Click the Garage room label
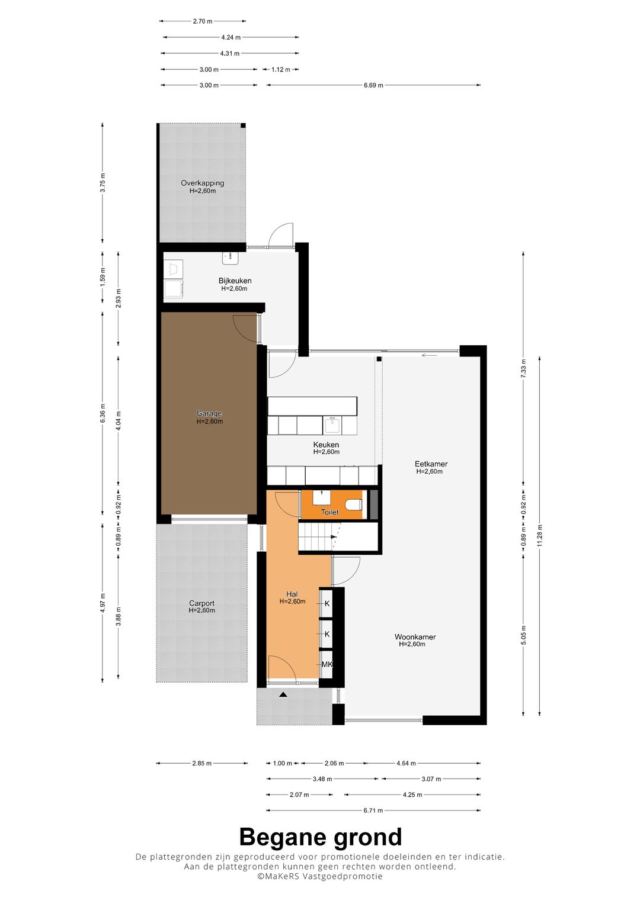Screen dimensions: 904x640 pyautogui.click(x=209, y=414)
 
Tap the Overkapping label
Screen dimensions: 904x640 pyautogui.click(x=202, y=184)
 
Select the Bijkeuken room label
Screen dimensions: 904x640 pyautogui.click(x=235, y=281)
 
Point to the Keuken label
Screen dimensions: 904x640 pyautogui.click(x=326, y=445)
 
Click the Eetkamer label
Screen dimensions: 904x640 pyautogui.click(x=431, y=464)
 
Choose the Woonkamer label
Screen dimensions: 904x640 pyautogui.click(x=415, y=637)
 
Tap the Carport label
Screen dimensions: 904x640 pyautogui.click(x=201, y=603)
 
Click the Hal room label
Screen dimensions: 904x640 pyautogui.click(x=292, y=594)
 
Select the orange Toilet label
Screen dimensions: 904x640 pyautogui.click(x=329, y=512)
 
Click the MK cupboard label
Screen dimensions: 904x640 pyautogui.click(x=327, y=664)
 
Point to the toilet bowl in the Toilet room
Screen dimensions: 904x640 pyautogui.click(x=354, y=504)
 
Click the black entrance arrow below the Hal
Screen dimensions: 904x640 pyautogui.click(x=283, y=694)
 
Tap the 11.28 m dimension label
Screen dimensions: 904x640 pyautogui.click(x=540, y=535)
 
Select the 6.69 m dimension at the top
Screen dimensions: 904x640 pyautogui.click(x=373, y=85)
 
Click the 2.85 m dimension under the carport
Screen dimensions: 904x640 pyautogui.click(x=201, y=763)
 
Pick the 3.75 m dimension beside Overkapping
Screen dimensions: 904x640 pyautogui.click(x=103, y=182)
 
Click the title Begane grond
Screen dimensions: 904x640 pyautogui.click(x=320, y=837)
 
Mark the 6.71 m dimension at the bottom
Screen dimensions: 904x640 pyautogui.click(x=373, y=810)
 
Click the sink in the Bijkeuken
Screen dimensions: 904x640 pyautogui.click(x=230, y=258)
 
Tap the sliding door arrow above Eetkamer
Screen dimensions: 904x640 pyautogui.click(x=429, y=355)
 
